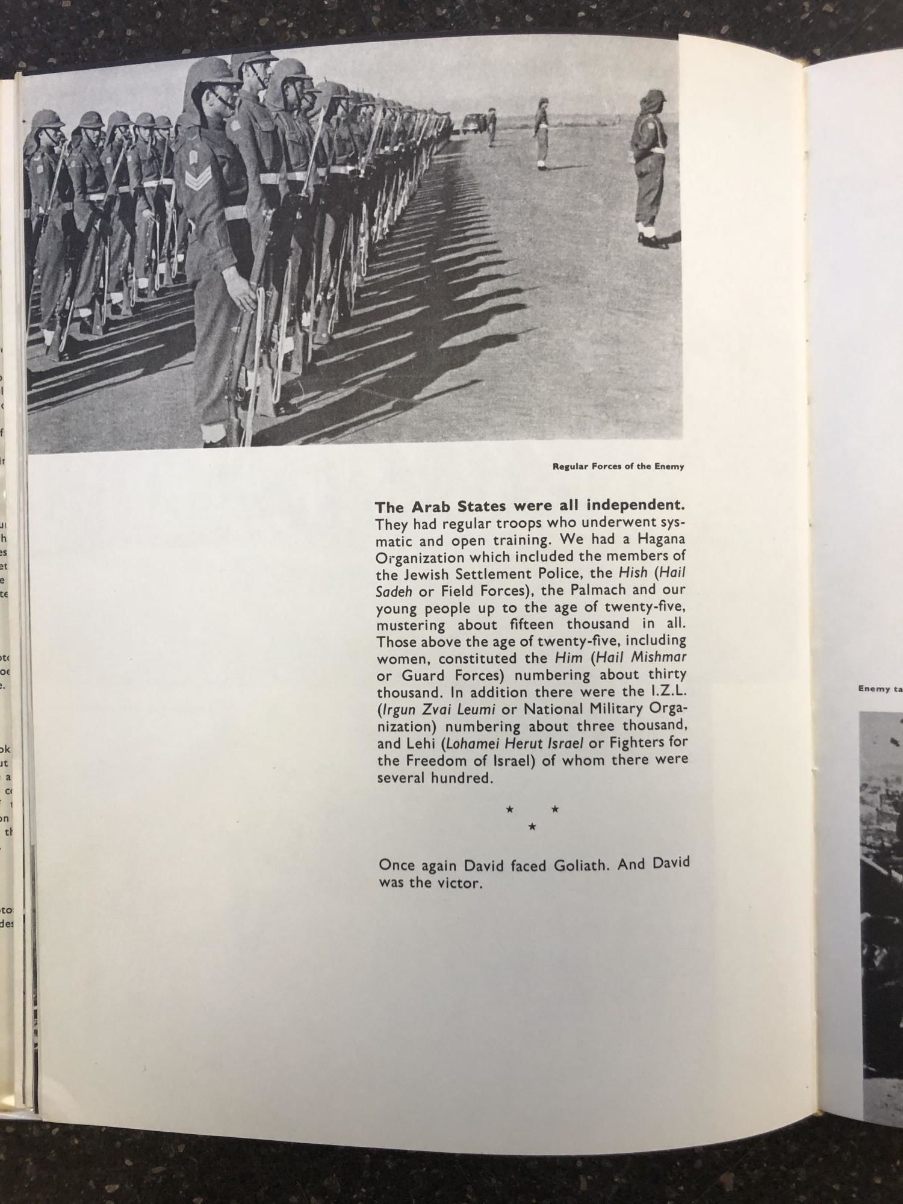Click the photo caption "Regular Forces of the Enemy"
(x=618, y=466)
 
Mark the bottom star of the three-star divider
(x=532, y=827)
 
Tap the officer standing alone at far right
(x=648, y=163)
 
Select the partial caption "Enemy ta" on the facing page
(x=880, y=689)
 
